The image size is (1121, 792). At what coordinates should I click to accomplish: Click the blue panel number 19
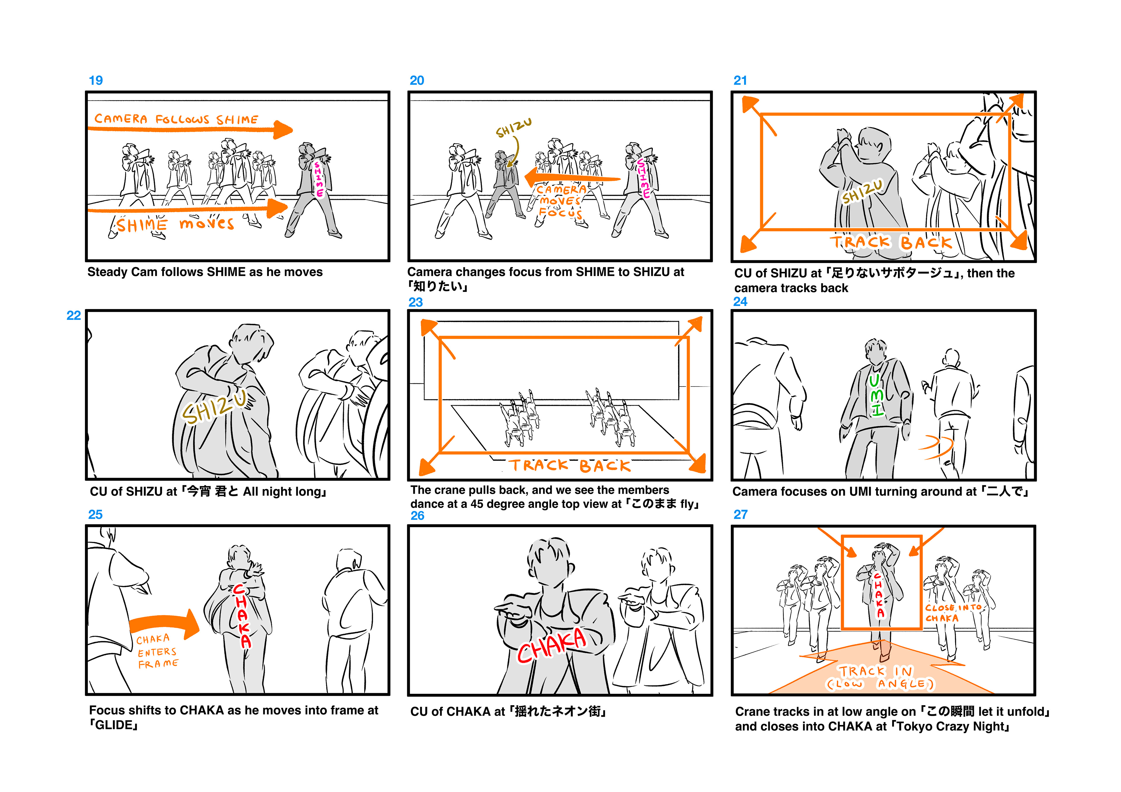(x=96, y=81)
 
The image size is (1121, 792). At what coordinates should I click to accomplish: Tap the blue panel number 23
(x=415, y=302)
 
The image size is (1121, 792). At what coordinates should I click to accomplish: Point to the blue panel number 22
(x=74, y=316)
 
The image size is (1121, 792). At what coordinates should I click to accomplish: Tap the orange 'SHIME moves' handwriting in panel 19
(x=175, y=224)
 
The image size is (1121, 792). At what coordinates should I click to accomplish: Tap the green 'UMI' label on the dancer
(x=876, y=395)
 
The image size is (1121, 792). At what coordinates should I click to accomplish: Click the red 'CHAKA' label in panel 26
(x=552, y=645)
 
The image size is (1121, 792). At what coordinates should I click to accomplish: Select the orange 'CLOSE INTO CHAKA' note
(x=953, y=613)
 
